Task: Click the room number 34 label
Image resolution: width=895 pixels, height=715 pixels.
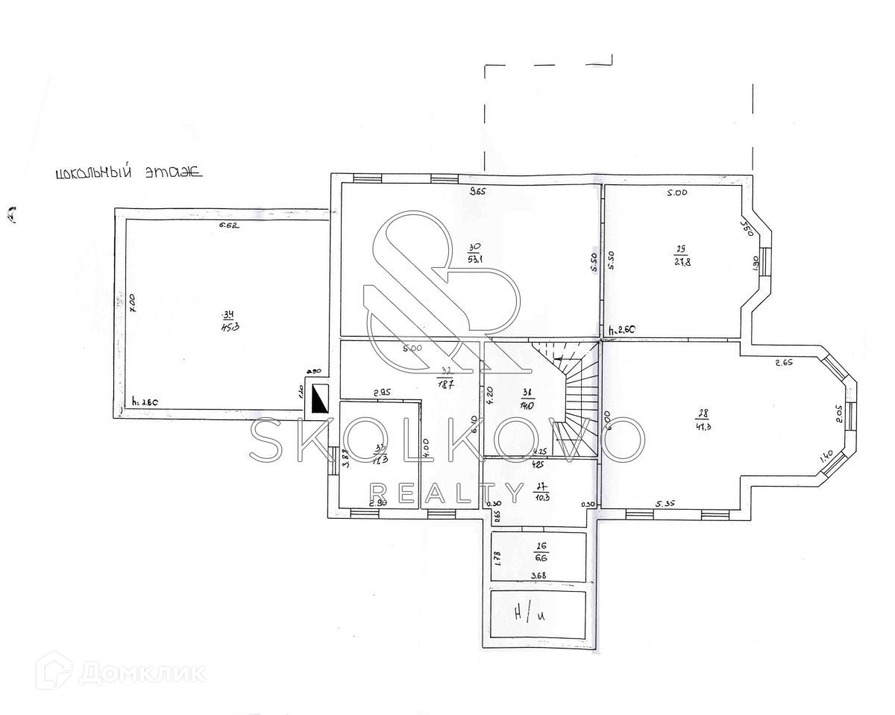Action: (x=226, y=313)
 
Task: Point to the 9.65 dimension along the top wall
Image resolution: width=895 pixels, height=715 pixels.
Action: (x=477, y=192)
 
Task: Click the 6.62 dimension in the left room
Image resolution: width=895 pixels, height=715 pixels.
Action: (x=228, y=225)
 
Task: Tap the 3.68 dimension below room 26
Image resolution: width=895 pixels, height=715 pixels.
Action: (x=538, y=575)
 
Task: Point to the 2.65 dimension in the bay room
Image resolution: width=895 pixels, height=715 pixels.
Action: (x=783, y=363)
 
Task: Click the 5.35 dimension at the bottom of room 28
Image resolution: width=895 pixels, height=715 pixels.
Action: (x=665, y=504)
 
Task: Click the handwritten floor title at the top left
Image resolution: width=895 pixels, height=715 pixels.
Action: (x=128, y=173)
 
